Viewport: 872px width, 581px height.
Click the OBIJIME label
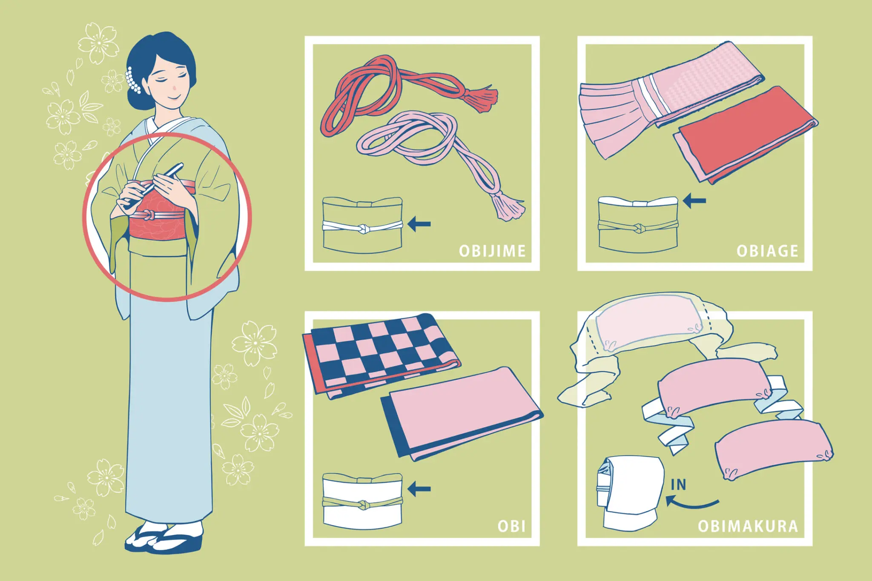point(492,251)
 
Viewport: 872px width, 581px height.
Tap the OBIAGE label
point(767,251)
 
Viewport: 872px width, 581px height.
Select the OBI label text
point(511,527)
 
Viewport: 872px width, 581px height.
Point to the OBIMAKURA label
point(748,527)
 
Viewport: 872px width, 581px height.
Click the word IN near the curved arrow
point(679,485)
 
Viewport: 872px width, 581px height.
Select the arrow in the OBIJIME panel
point(419,223)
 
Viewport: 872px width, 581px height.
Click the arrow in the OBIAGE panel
point(694,200)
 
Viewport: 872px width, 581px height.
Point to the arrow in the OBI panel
point(419,489)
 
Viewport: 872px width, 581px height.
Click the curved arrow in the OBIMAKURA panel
point(692,504)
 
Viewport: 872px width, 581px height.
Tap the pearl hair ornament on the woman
point(133,80)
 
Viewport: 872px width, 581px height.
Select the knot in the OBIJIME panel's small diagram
point(362,229)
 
